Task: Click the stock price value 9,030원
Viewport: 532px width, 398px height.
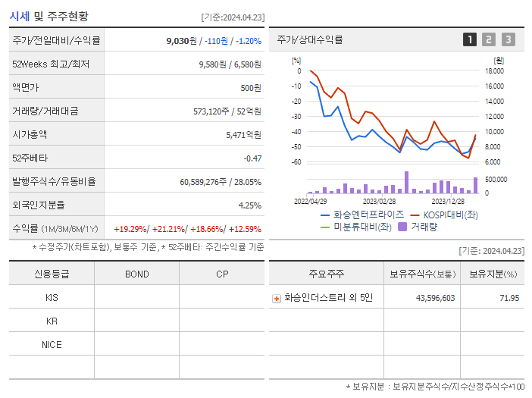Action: point(182,41)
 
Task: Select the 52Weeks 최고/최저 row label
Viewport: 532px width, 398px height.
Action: point(51,64)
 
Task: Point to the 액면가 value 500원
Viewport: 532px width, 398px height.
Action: point(250,88)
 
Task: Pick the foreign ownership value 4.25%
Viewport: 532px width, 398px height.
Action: point(249,205)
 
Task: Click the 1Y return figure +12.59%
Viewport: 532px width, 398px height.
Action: point(243,229)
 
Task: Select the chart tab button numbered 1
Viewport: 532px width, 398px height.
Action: point(470,39)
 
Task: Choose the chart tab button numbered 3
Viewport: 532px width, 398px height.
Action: point(508,39)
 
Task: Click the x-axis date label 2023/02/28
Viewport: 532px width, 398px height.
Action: point(379,201)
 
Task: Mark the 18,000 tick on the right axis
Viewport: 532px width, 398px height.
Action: point(494,71)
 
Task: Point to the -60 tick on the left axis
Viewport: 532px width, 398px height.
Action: point(296,162)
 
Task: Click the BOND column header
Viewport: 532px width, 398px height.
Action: point(136,274)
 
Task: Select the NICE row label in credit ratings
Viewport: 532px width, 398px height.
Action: point(52,345)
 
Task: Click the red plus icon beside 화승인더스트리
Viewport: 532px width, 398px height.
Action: point(277,299)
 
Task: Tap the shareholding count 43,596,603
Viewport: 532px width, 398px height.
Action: point(435,298)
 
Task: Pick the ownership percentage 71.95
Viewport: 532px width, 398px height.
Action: point(509,298)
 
